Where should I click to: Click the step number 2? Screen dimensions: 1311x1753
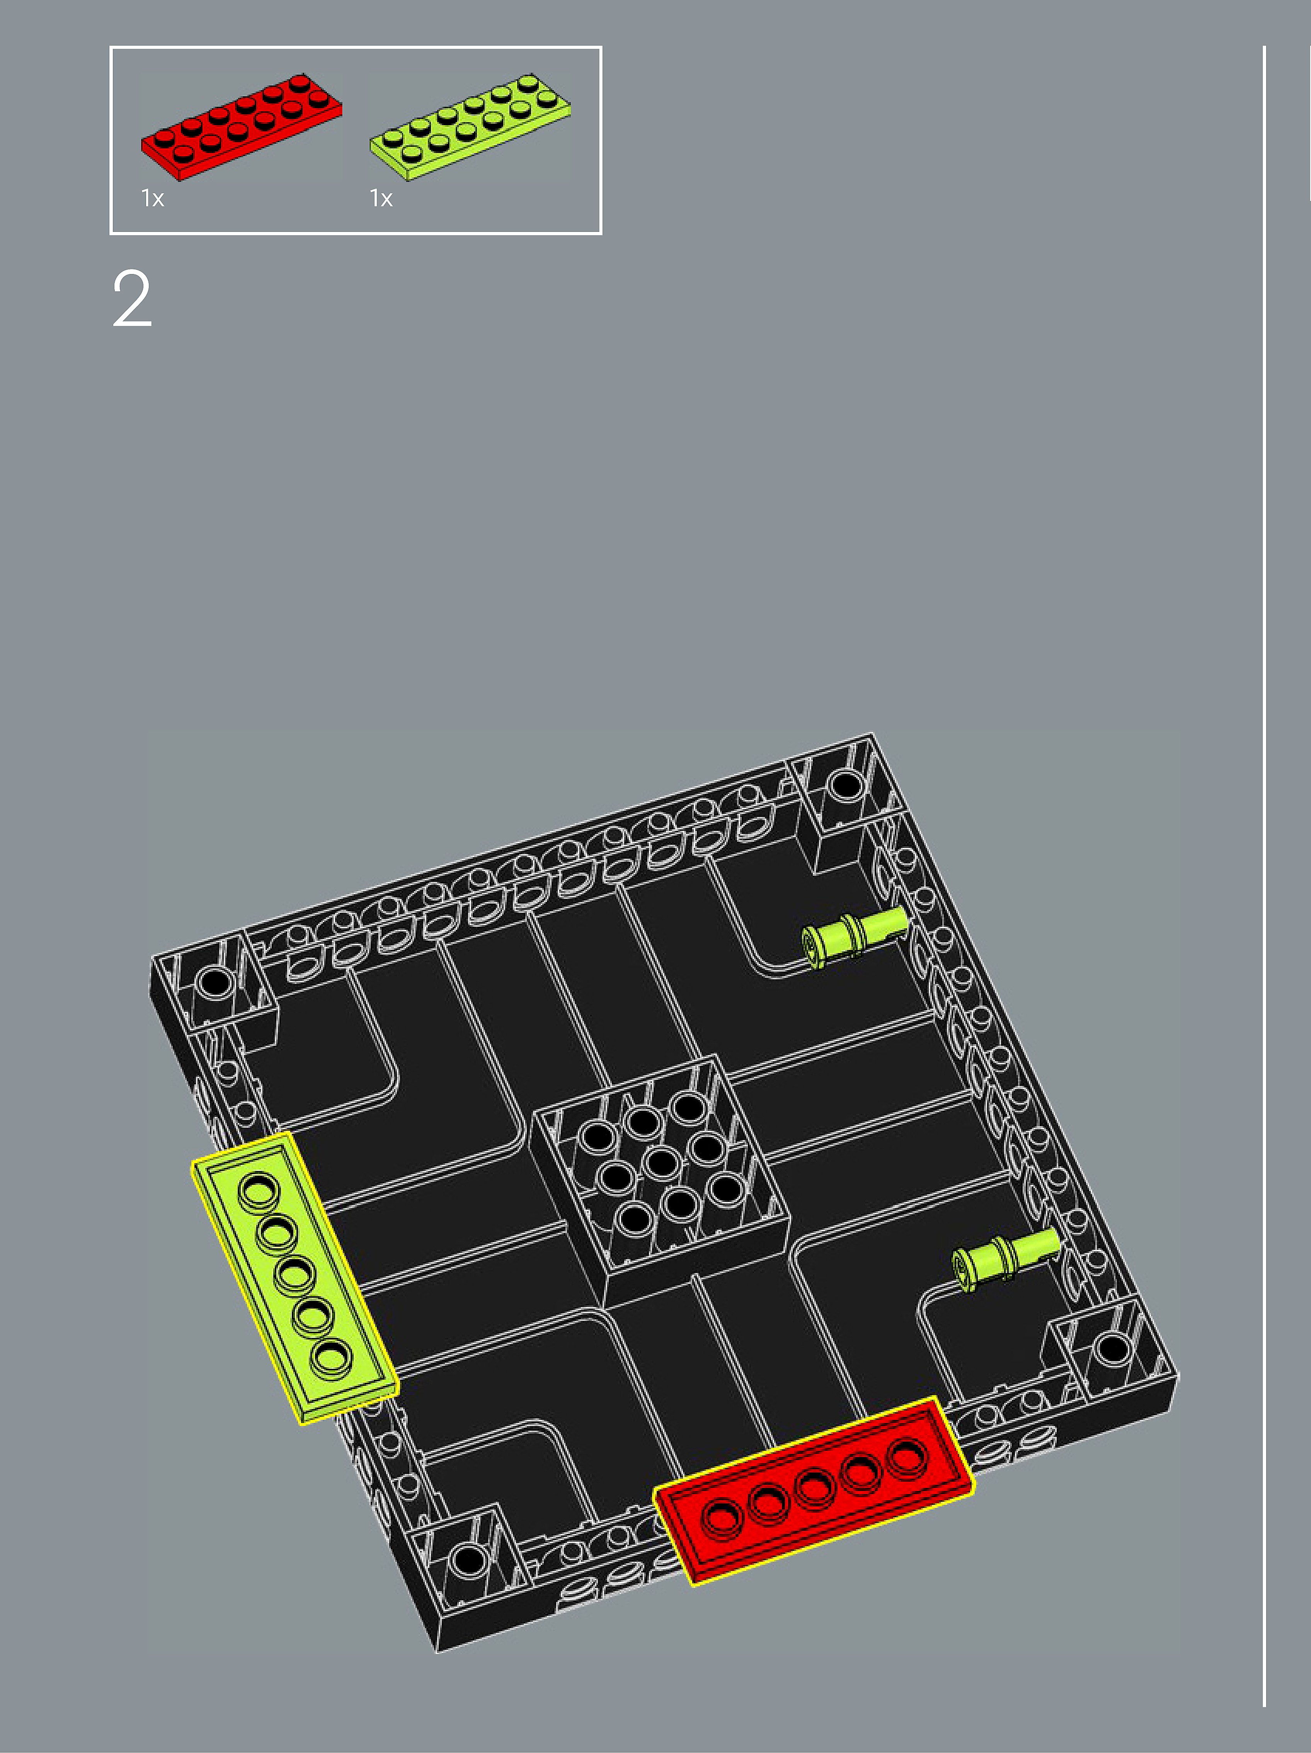pos(131,299)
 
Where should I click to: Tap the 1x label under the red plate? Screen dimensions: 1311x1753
pos(152,198)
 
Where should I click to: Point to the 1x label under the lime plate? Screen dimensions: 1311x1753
pos(380,198)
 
